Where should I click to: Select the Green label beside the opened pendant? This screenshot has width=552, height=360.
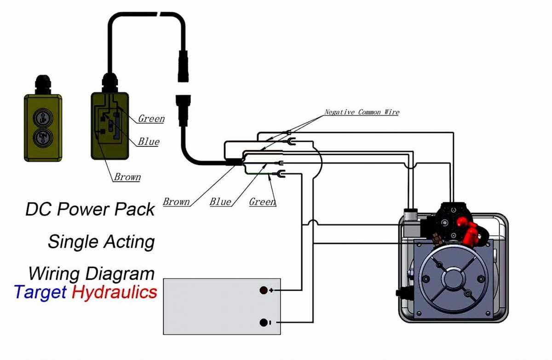click(151, 119)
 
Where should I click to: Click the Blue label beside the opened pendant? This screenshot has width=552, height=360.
click(149, 142)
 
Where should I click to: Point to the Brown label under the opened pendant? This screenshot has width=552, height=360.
click(127, 177)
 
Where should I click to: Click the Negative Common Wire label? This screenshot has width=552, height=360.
click(362, 112)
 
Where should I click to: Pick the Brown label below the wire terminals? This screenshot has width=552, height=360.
click(177, 202)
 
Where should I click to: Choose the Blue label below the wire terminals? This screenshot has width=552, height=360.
click(220, 202)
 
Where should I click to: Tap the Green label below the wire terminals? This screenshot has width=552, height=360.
click(262, 202)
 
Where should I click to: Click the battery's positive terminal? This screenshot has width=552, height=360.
click(264, 290)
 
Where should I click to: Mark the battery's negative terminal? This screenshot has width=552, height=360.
click(264, 323)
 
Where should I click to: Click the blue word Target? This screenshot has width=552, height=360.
click(40, 292)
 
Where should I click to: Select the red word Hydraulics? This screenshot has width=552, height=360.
click(115, 292)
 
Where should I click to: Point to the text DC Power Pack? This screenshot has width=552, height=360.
click(90, 209)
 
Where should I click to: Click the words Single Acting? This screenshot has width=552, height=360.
click(101, 241)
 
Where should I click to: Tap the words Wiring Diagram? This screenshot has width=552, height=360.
click(91, 273)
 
